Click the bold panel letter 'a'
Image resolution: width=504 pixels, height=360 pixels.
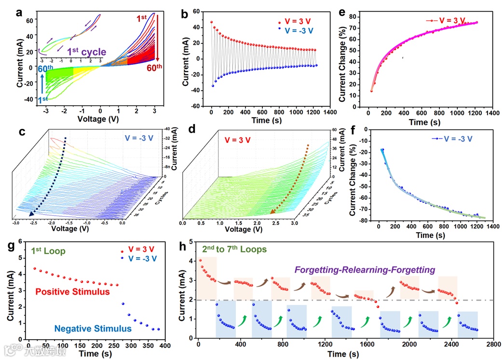coord(19,13)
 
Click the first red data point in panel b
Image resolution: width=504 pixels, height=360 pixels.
coord(211,22)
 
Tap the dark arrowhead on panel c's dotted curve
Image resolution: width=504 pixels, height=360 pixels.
coord(31,214)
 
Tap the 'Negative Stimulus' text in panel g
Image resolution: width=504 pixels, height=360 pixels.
coord(93,329)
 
